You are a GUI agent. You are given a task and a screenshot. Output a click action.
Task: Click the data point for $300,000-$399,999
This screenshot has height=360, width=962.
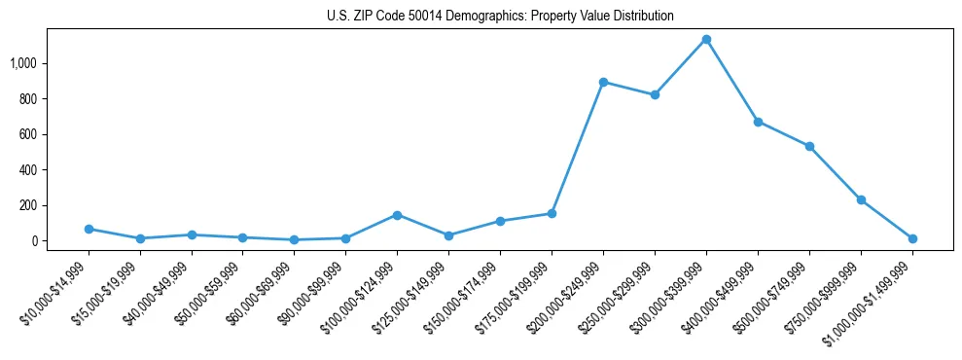(x=706, y=40)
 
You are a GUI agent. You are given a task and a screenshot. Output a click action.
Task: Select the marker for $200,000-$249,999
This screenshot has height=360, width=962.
(x=603, y=82)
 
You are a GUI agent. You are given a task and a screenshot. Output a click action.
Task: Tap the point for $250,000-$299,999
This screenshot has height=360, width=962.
(x=655, y=94)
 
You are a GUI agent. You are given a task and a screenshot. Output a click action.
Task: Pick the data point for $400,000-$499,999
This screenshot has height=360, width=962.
(x=758, y=122)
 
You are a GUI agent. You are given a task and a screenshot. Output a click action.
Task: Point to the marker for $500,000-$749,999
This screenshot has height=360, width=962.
(x=809, y=146)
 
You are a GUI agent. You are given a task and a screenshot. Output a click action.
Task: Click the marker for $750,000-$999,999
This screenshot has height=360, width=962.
(x=861, y=199)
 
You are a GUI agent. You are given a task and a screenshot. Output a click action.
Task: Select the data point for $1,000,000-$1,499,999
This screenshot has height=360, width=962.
(x=912, y=238)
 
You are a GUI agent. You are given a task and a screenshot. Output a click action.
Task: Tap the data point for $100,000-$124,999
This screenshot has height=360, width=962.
(x=397, y=215)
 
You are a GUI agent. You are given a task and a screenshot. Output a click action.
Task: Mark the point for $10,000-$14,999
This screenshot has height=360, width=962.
(x=89, y=229)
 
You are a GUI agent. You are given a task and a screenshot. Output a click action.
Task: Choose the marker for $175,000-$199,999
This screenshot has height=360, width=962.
(x=552, y=213)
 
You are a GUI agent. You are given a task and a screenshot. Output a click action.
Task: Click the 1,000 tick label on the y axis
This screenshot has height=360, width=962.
(x=23, y=63)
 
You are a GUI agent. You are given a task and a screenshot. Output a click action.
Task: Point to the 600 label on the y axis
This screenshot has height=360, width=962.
(x=28, y=134)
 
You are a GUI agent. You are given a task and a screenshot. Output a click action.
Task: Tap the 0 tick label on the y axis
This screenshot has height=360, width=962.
(x=34, y=241)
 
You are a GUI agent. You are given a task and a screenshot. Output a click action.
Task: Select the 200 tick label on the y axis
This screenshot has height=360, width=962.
(x=28, y=205)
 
